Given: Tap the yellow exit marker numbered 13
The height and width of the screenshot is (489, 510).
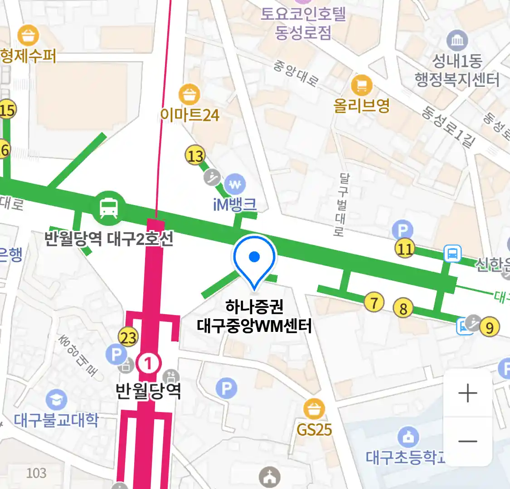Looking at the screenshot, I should [195, 156].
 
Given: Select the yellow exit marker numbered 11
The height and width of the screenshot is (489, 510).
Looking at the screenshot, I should [405, 248].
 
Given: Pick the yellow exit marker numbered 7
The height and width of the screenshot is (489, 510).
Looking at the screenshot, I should [374, 302].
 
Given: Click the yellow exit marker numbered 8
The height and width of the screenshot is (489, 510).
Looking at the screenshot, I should [403, 308].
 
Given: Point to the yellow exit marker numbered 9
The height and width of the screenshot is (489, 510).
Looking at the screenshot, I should [489, 327].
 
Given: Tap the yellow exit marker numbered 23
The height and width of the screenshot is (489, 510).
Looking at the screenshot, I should [128, 337].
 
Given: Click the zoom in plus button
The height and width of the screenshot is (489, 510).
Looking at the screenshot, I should [467, 393].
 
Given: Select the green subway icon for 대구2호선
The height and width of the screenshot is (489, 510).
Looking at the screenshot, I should [109, 208].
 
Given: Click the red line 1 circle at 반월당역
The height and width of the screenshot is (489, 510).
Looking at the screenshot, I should [149, 363].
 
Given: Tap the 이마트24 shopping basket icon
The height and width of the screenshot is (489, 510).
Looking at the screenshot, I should [189, 94].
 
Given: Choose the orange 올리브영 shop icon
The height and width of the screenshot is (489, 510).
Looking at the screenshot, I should [362, 84].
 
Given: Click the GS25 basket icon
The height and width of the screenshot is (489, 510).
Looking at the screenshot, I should [314, 409].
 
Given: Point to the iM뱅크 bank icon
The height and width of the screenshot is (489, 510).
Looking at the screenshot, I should [235, 184].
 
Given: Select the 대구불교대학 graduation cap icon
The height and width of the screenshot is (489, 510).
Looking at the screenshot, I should [56, 400].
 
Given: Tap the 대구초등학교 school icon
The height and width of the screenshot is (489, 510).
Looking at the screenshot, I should [408, 437].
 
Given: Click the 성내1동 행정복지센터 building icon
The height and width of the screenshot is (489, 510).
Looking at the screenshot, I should [457, 41].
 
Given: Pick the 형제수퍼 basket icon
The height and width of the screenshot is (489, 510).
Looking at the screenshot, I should [28, 35].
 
